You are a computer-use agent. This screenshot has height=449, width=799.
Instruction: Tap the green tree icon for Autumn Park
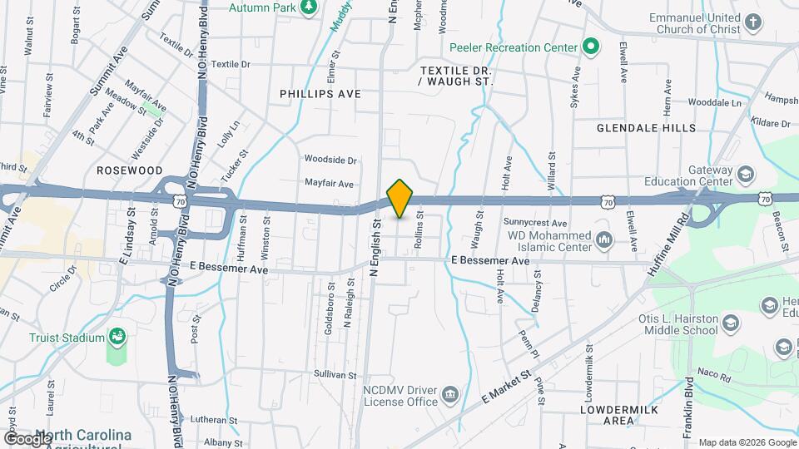click(309, 6)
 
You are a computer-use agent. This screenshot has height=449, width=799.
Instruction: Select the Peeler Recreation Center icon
click(590, 47)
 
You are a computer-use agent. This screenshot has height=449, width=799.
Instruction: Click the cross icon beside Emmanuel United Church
click(753, 22)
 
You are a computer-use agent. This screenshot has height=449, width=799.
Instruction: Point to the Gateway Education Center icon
click(746, 175)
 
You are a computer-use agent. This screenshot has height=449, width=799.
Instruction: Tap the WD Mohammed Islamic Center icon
click(604, 240)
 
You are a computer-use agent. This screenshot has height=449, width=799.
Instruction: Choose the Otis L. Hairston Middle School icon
click(730, 323)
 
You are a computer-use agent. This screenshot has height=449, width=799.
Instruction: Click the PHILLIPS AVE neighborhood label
click(320, 94)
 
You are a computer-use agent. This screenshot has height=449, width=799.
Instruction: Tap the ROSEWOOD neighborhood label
click(129, 170)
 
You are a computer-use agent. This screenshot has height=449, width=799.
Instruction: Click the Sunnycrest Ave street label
click(535, 223)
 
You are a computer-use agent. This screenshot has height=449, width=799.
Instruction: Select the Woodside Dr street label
click(330, 160)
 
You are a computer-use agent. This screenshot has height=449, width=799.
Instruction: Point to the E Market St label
click(505, 387)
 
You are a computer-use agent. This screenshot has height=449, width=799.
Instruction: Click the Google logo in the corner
click(27, 438)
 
